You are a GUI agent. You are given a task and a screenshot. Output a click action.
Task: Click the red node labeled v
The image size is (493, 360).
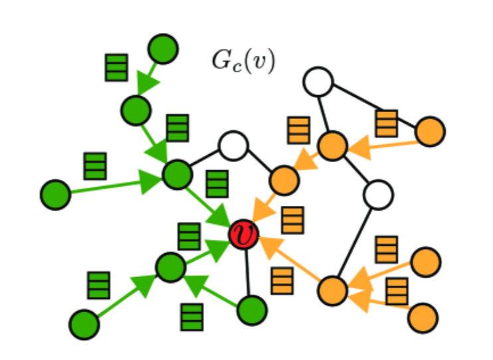244,234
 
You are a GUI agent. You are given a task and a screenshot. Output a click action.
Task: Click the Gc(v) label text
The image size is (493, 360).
243,61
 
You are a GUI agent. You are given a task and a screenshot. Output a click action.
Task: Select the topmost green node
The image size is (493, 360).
163,49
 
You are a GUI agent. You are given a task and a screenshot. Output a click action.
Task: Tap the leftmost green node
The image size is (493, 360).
56,195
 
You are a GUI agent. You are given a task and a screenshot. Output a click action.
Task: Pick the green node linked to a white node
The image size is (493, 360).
177,175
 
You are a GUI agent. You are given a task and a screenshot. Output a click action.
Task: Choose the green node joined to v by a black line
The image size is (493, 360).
251,310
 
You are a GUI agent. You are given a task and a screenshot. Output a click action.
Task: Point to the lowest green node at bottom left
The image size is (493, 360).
84,324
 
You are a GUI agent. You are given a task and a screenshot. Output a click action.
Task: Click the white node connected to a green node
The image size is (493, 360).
233,145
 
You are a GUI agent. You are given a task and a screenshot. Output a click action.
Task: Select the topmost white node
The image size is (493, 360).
318,82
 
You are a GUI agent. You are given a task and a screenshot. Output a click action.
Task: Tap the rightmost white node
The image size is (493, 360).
378,195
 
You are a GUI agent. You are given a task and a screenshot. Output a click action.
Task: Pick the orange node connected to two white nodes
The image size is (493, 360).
333,145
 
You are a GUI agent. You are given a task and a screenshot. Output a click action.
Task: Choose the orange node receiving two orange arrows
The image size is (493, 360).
333,290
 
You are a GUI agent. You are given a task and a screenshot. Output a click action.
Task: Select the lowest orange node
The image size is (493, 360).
423,318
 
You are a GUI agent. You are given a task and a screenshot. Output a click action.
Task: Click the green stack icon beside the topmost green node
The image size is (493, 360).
116,68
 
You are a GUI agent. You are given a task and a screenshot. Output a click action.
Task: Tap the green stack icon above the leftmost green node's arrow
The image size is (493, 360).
95,166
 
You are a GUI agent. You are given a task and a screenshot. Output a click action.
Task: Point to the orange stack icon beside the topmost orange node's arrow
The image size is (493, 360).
386,124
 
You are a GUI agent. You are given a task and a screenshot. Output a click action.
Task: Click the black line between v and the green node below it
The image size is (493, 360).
247,272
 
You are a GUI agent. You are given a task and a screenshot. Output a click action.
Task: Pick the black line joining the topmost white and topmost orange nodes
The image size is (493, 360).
325,114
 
